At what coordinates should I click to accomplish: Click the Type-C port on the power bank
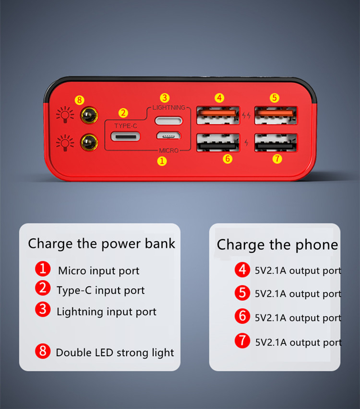pos(125,136)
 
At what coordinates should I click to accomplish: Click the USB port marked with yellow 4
pos(217,115)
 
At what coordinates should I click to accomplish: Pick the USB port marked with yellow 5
pos(275,115)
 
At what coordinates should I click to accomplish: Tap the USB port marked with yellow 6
pos(217,142)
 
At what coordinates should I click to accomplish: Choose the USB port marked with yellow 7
pos(275,142)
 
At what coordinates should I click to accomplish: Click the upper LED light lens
pos(88,115)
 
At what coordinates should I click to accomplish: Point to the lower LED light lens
pos(88,141)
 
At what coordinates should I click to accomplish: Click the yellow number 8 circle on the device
pos(80,100)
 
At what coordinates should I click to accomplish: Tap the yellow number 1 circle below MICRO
pos(162,161)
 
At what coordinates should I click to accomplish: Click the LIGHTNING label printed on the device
pos(168,107)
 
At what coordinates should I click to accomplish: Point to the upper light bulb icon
pos(65,115)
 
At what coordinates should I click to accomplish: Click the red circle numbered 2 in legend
pos(43,289)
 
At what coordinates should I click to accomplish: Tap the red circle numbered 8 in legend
pos(43,351)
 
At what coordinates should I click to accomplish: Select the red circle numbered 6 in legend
pos(242,316)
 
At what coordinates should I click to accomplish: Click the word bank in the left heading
pos(160,243)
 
